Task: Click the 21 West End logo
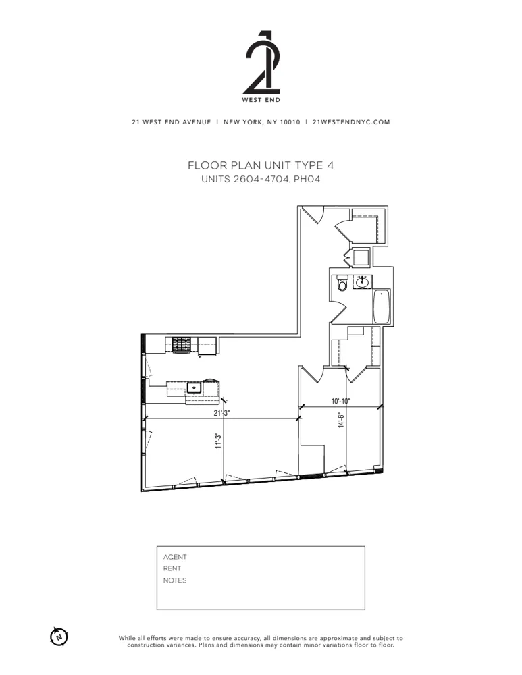pos(261,64)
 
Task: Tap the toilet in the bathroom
pos(342,284)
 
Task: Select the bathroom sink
pos(363,281)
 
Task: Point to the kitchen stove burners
pos(182,345)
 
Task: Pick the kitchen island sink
pos(194,387)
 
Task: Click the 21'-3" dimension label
pos(222,413)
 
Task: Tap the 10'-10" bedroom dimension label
pos(341,402)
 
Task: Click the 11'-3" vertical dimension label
pos(218,440)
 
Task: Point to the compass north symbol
pos(59,636)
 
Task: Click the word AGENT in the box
pos(175,557)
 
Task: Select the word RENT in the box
pos(172,568)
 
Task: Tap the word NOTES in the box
pos(175,580)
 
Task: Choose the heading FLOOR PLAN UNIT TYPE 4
pos(261,165)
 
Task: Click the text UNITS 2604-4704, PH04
pos(261,179)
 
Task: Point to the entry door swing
pos(312,215)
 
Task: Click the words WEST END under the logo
pos(261,100)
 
